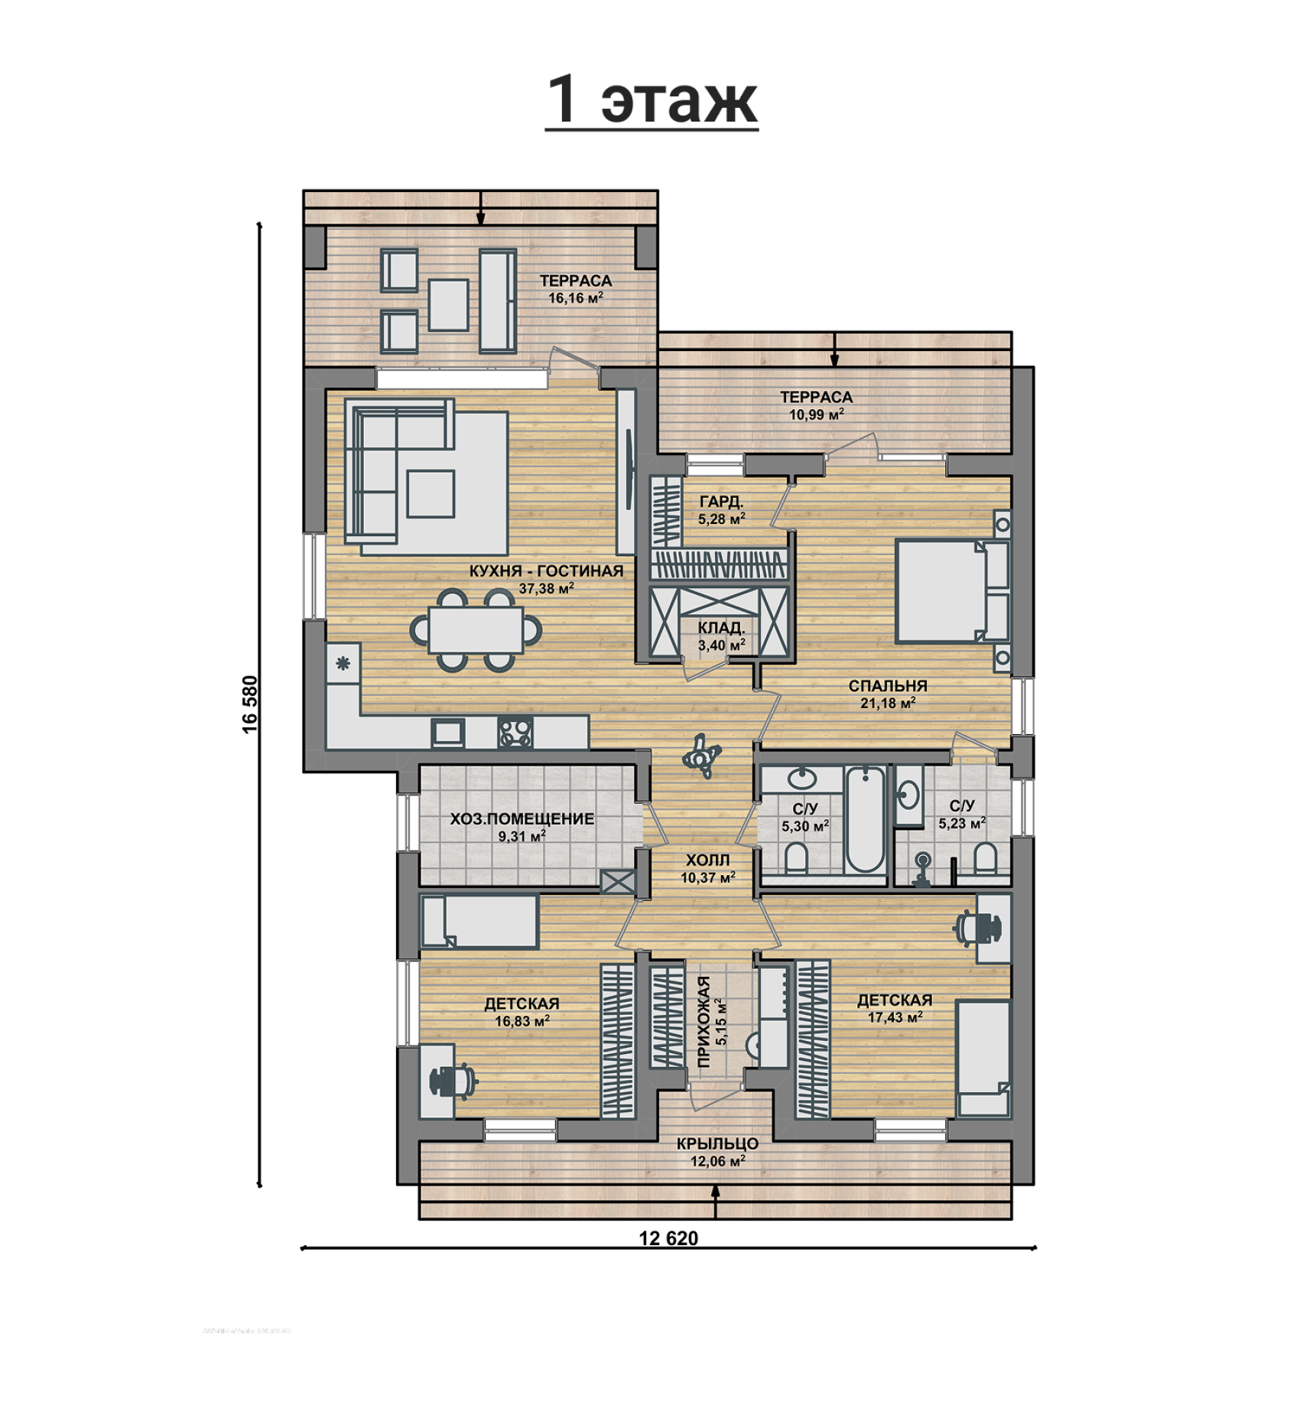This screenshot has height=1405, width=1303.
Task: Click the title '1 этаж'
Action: click(651, 99)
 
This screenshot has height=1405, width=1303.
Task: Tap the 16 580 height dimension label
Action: click(250, 704)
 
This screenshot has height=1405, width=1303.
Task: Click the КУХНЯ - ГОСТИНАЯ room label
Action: click(546, 571)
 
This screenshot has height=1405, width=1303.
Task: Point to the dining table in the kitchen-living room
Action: click(476, 629)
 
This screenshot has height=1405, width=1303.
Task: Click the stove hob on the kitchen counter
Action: click(515, 732)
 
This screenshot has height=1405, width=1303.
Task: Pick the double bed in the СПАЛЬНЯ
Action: click(952, 590)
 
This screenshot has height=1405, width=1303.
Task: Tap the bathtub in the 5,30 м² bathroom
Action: click(864, 819)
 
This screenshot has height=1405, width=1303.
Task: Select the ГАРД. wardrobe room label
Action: click(721, 502)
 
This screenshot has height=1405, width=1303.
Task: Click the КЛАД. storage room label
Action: click(721, 628)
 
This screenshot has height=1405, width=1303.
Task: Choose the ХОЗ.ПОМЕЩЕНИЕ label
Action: click(522, 818)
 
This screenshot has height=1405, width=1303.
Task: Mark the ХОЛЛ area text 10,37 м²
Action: click(708, 878)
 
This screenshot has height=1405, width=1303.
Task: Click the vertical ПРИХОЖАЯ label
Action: click(704, 1021)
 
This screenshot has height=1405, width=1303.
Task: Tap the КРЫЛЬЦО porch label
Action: click(717, 1144)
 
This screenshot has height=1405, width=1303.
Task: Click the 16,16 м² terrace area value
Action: click(576, 298)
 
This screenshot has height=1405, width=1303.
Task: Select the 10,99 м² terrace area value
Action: click(817, 415)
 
